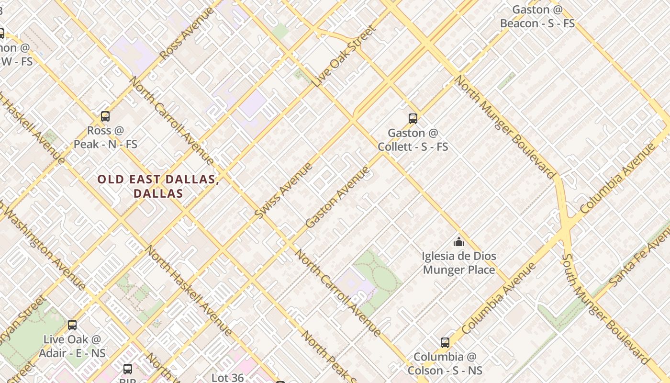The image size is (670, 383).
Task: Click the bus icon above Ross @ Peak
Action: (105, 116)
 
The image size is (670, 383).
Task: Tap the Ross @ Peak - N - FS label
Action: (105, 137)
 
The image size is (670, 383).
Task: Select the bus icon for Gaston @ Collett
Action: (413, 119)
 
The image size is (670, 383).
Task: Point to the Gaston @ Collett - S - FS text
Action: (413, 140)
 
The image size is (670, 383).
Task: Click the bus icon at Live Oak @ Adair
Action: (72, 325)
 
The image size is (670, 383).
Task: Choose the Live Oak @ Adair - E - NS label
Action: (72, 346)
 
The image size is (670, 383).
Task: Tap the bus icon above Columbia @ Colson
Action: (445, 343)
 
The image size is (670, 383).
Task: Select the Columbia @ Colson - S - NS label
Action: (445, 364)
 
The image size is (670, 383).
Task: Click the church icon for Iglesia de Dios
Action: (459, 242)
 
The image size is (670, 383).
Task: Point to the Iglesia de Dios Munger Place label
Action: (459, 263)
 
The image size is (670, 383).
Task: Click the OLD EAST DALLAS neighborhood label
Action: (158, 186)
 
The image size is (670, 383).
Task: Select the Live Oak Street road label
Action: (344, 56)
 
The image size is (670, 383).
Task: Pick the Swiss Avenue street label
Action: (283, 191)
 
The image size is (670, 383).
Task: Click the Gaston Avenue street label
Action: (337, 197)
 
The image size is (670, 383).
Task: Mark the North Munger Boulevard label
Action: (503, 127)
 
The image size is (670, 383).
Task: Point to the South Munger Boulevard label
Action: (606, 309)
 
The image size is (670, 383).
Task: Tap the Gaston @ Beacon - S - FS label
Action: (537, 16)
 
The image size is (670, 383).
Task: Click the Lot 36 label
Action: (228, 377)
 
